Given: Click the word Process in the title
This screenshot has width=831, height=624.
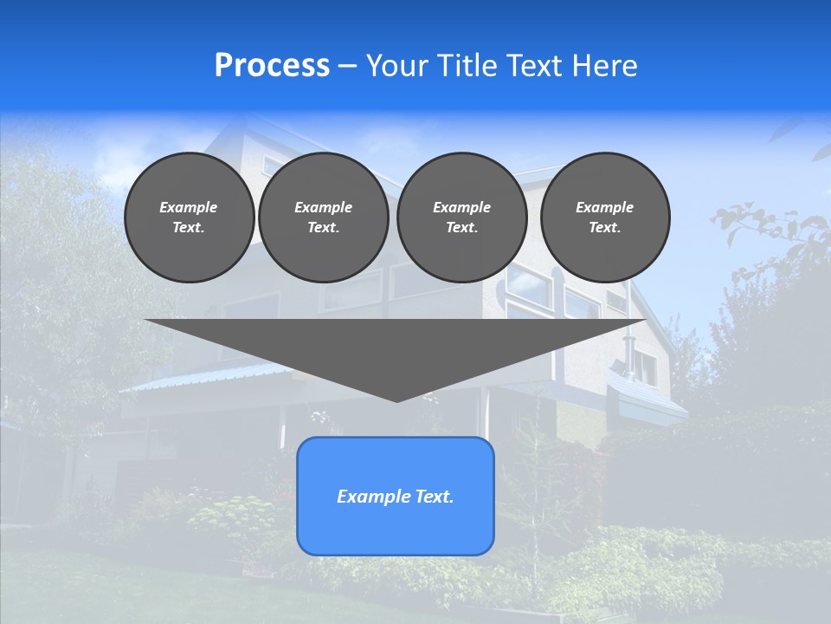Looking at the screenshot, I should pyautogui.click(x=272, y=66).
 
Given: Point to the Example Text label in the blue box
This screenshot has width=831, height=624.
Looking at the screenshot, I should pyautogui.click(x=396, y=497).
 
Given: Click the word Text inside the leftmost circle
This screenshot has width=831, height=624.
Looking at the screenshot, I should pyautogui.click(x=189, y=228).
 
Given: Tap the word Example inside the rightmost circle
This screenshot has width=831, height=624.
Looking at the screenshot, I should pyautogui.click(x=605, y=207).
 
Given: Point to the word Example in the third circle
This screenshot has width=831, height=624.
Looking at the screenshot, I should pyautogui.click(x=462, y=207).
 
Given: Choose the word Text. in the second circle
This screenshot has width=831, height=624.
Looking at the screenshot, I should pyautogui.click(x=324, y=228).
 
